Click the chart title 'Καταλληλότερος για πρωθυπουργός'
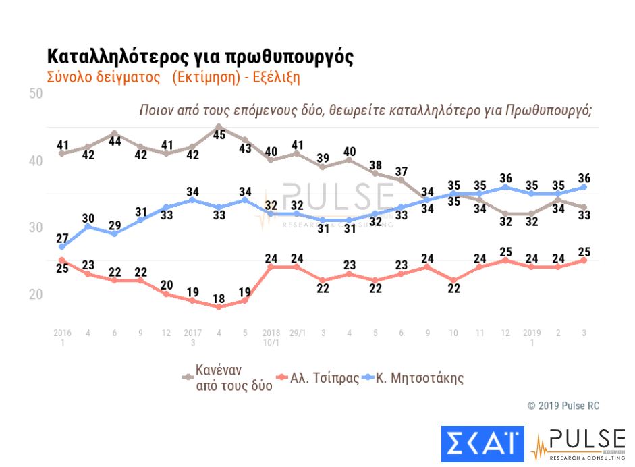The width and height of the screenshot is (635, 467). pyautogui.click(x=200, y=56)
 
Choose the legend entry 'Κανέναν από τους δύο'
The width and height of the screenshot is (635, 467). pyautogui.click(x=227, y=378)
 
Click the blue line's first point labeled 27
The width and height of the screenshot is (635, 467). pyautogui.click(x=62, y=246)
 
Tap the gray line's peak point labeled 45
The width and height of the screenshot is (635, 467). pyautogui.click(x=219, y=126)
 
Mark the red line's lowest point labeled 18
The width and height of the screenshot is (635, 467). pyautogui.click(x=219, y=306)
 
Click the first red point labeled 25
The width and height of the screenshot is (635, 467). pyautogui.click(x=62, y=260)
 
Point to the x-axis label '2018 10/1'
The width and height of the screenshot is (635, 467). pyautogui.click(x=271, y=337)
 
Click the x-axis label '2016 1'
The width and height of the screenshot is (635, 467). pyautogui.click(x=62, y=337)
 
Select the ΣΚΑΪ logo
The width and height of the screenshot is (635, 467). pyautogui.click(x=482, y=441)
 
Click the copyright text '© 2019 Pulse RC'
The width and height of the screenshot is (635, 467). pyautogui.click(x=563, y=406)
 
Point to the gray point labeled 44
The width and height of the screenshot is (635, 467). pyautogui.click(x=114, y=133)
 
